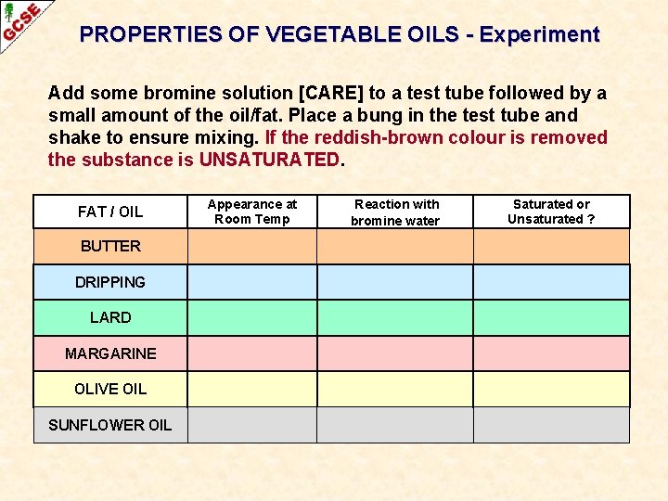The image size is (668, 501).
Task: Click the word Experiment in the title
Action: (x=540, y=35)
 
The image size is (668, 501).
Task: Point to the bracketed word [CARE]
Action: (x=329, y=93)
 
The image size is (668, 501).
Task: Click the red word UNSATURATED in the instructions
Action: (x=270, y=160)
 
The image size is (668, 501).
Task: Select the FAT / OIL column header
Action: (x=110, y=212)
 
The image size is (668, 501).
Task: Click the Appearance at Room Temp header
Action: (x=252, y=212)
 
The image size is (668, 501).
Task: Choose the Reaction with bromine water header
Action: (x=396, y=212)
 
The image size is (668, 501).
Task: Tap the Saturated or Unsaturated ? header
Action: (x=551, y=212)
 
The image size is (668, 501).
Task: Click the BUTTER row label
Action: (x=110, y=247)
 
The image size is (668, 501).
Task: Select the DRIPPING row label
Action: (x=110, y=282)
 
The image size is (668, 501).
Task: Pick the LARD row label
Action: (x=110, y=317)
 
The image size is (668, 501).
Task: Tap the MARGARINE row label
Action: (x=110, y=353)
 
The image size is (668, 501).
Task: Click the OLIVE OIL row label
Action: (x=110, y=389)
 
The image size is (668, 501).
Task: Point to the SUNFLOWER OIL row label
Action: (x=110, y=425)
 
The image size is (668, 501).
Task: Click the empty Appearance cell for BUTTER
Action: (x=252, y=247)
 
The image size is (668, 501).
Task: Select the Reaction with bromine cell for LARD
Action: (x=396, y=317)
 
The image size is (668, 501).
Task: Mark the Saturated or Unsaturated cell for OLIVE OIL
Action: (x=551, y=389)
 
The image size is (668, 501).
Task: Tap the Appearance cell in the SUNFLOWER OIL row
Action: (x=252, y=425)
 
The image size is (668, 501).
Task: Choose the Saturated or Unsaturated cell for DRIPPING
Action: (x=551, y=282)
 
